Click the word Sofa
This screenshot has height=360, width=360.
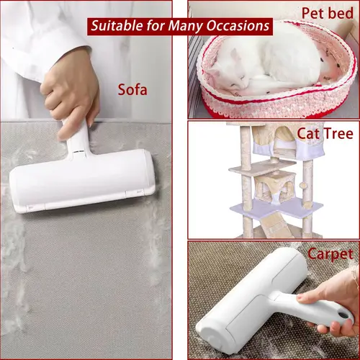[132, 90]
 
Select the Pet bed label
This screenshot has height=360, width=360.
[328, 13]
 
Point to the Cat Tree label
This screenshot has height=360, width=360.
[325, 133]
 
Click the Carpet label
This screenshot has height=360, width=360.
[330, 254]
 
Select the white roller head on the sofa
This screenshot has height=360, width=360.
[82, 182]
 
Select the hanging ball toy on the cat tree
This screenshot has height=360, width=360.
[304, 185]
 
